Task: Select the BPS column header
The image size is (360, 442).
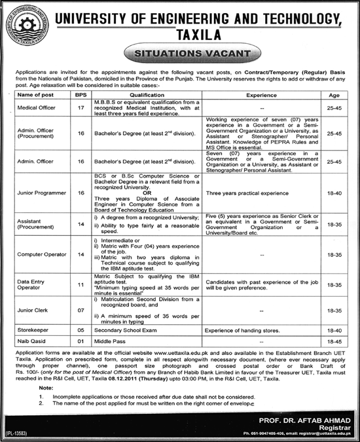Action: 81,96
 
